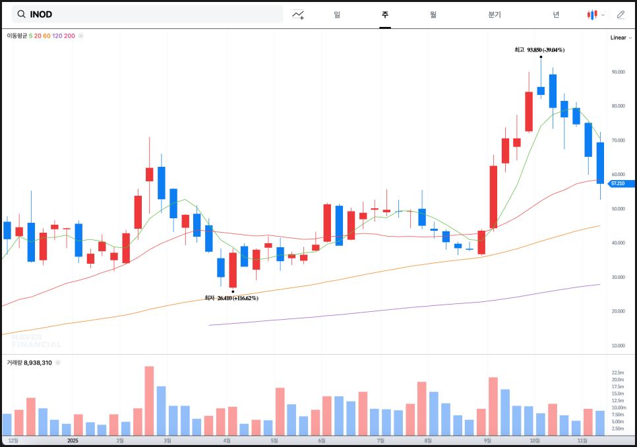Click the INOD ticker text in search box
click(41, 15)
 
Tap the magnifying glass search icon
click(22, 15)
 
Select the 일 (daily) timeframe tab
click(337, 15)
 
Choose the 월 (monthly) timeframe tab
click(433, 15)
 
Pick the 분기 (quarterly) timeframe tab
click(495, 15)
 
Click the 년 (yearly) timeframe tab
click(556, 15)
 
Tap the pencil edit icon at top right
click(621, 15)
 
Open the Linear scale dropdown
click(621, 38)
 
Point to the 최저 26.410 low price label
click(231, 298)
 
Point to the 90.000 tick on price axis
click(617, 72)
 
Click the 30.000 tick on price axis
click(617, 278)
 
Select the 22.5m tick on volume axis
click(617, 372)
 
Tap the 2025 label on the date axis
click(73, 440)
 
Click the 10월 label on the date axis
click(535, 440)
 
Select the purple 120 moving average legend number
click(57, 36)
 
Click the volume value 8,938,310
click(38, 363)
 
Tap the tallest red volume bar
click(149, 401)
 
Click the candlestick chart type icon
click(593, 15)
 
